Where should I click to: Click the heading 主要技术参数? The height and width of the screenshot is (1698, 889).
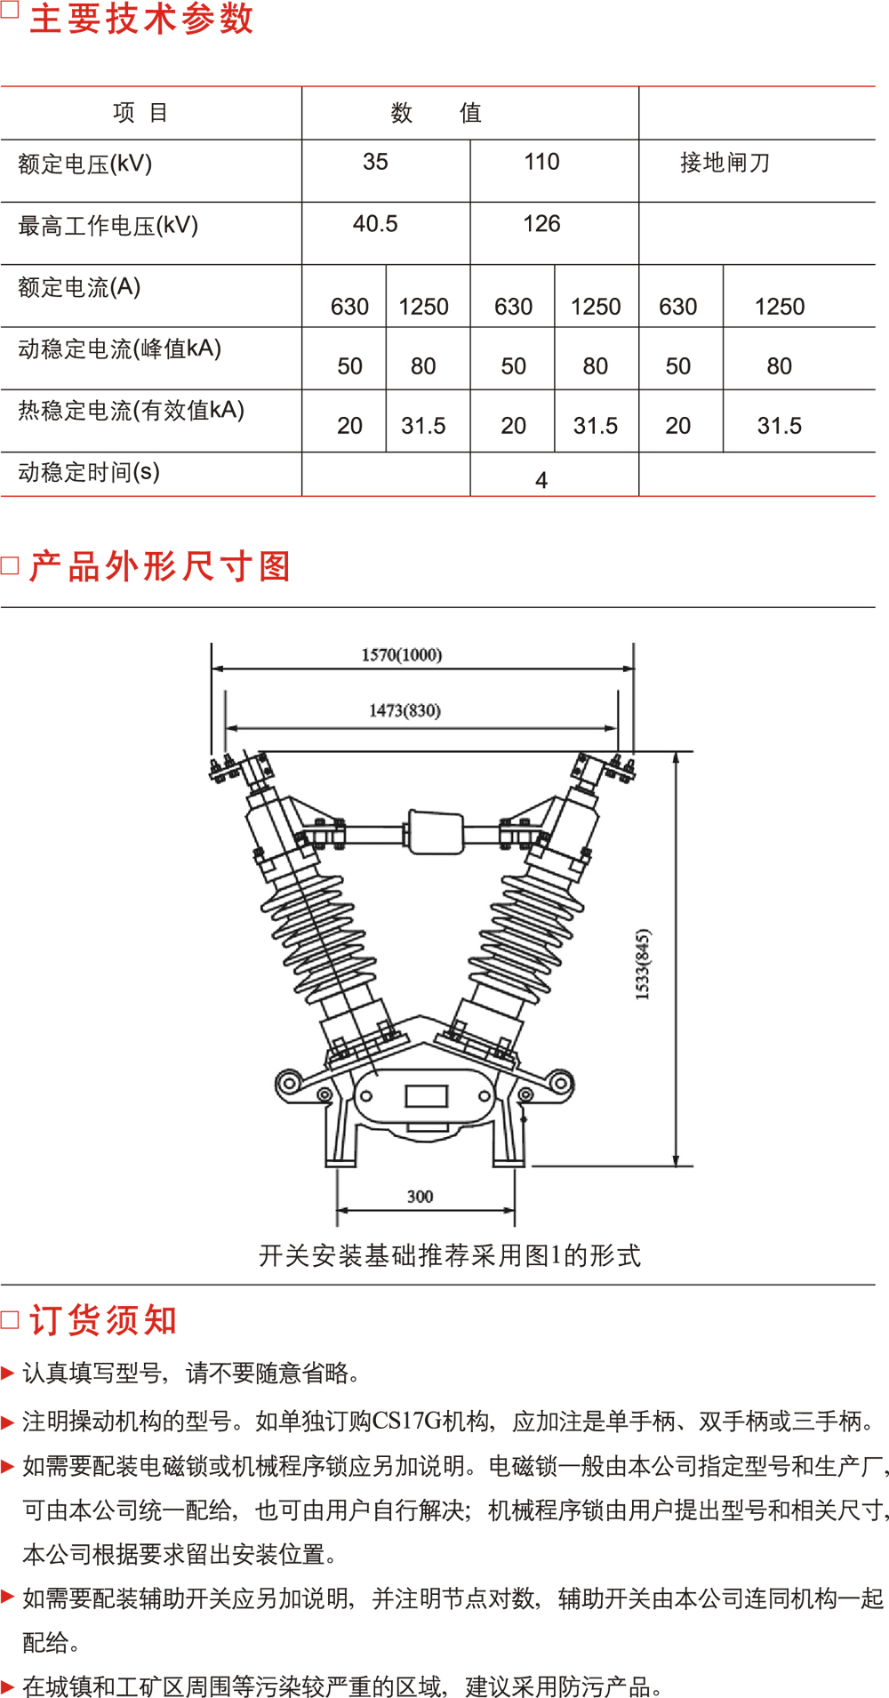click(141, 19)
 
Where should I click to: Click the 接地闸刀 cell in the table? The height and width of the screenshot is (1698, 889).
click(725, 163)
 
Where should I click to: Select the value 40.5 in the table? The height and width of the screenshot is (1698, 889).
click(375, 224)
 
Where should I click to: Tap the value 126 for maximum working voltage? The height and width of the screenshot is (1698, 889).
click(541, 224)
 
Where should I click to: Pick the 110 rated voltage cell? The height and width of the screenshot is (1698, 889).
click(541, 162)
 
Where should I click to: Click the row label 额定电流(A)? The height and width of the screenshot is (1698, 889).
click(79, 287)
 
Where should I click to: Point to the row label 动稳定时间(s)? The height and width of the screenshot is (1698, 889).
click(89, 472)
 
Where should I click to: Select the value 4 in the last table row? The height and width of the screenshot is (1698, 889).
click(541, 481)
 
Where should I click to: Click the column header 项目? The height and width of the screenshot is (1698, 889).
click(140, 113)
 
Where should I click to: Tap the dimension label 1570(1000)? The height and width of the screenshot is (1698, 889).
click(402, 655)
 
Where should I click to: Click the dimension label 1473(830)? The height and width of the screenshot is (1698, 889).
click(404, 710)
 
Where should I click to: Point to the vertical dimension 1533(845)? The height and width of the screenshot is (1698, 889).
click(643, 965)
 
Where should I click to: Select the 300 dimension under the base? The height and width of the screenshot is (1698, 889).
click(420, 1197)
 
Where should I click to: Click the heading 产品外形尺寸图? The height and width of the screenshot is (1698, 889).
click(160, 566)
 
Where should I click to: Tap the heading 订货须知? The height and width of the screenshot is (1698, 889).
click(103, 1320)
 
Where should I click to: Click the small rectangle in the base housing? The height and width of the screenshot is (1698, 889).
click(427, 1095)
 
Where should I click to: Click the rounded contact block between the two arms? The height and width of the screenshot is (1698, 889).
click(435, 832)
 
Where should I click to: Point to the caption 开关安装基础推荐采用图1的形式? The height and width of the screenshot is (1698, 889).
click(449, 1255)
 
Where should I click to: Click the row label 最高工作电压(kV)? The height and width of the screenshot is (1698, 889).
click(108, 226)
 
